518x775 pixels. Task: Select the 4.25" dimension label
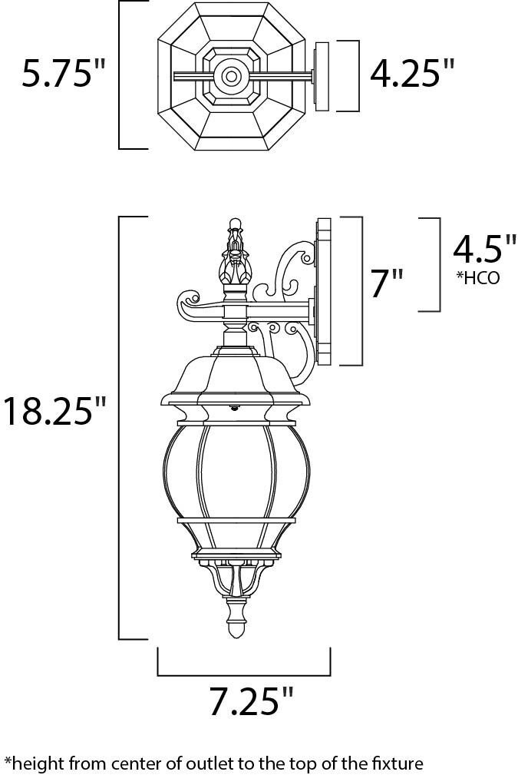[411, 75]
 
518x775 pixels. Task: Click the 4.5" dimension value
[484, 250]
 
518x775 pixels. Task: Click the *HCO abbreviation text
[477, 278]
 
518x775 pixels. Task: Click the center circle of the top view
[229, 75]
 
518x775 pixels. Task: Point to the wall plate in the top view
[321, 75]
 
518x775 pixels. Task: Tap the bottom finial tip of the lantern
[236, 630]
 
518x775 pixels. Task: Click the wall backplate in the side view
[322, 292]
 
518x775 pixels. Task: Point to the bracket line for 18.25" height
[120, 427]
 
